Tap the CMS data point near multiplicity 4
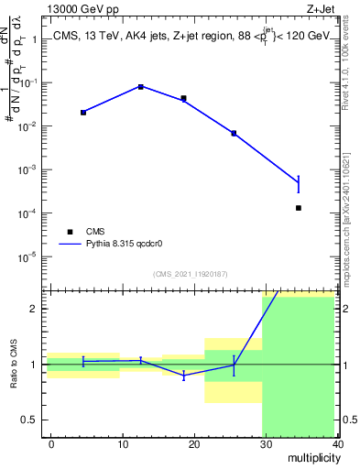pos(83,113)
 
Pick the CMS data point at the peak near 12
pos(141,87)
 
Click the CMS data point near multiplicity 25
pos(234,134)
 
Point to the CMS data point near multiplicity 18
pos(184,98)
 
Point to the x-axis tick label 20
pos(194,443)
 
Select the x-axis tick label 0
pos(51,443)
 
